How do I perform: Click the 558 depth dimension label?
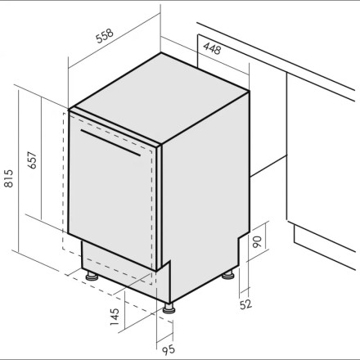coord(105,36)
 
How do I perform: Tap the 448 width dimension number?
coord(212,48)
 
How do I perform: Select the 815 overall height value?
coord(9,178)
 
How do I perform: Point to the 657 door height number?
coord(32,160)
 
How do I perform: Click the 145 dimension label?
coord(115,317)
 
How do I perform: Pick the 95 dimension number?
coord(168,349)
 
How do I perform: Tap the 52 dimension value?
coord(245,304)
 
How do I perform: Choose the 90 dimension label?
coord(257,241)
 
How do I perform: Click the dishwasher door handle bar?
coord(110,142)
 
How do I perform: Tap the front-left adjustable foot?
coord(92,276)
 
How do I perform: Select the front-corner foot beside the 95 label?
coord(169,308)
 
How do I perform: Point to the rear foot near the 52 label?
coord(227,275)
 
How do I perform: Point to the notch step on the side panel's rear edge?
coord(239,238)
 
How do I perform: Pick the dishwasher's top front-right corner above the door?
coord(161,144)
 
